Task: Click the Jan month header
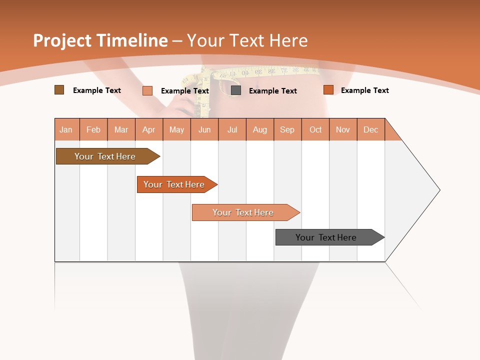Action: [66, 129]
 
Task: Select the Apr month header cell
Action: [149, 129]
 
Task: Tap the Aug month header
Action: [260, 129]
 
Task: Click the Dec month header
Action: [370, 129]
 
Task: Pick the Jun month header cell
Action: [204, 129]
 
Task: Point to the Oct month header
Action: [315, 129]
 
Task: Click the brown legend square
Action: [59, 90]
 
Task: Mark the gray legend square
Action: [236, 90]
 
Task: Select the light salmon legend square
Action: [147, 90]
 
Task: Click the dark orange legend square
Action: [328, 90]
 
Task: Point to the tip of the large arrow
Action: [439, 190]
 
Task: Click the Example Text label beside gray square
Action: [272, 90]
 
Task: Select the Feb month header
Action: [93, 129]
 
